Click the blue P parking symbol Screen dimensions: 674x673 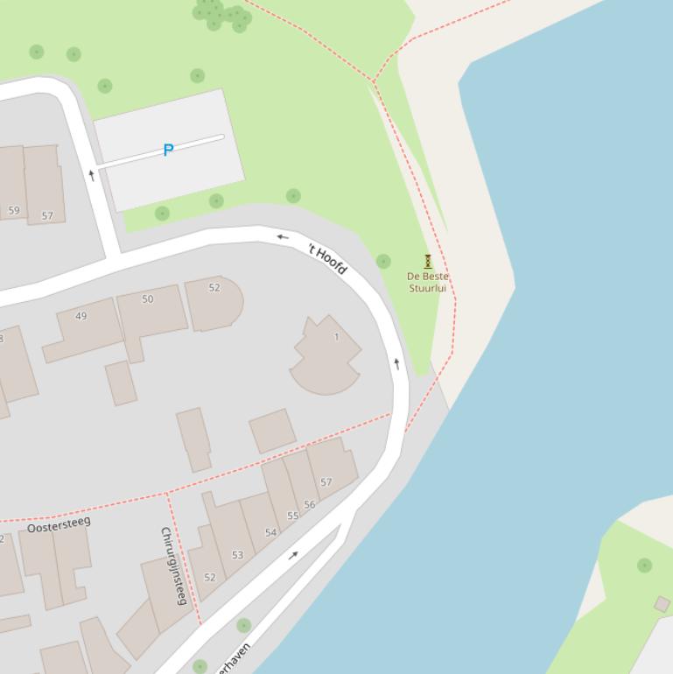click(x=168, y=150)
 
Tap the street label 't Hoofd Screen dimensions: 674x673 click(x=328, y=258)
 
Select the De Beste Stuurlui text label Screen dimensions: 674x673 click(x=427, y=282)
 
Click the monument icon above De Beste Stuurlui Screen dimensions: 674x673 click(x=428, y=261)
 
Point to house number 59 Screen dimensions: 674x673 click(x=14, y=210)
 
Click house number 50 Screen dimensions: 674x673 click(x=148, y=299)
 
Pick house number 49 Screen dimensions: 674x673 click(x=81, y=316)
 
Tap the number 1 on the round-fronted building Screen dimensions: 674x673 click(x=336, y=337)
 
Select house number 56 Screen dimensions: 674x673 click(x=310, y=505)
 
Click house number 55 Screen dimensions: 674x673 click(x=293, y=516)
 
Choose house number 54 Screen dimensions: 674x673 click(x=270, y=532)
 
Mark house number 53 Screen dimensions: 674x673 click(x=237, y=555)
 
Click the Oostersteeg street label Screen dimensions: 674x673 click(x=59, y=524)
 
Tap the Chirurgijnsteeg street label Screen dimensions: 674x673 click(x=173, y=565)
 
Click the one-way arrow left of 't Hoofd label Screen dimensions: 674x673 click(x=283, y=236)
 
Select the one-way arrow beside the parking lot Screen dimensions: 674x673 click(x=92, y=175)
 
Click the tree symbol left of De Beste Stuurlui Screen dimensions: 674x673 click(x=383, y=261)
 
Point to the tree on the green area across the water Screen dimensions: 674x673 click(x=645, y=565)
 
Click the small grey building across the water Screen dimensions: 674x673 click(x=662, y=604)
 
